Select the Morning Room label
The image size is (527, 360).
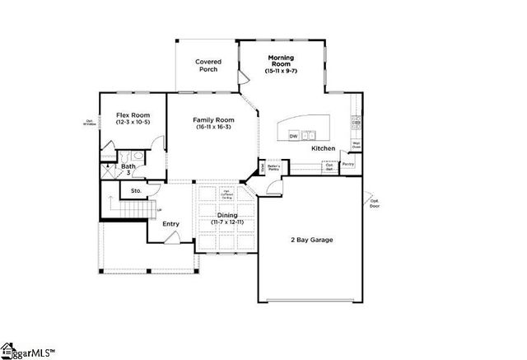point(280,59)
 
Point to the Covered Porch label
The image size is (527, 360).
point(207,66)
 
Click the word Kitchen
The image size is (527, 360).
point(323,148)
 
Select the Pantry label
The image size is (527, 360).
point(348,165)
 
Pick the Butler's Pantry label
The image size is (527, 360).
point(274,168)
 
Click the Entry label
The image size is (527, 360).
point(170,223)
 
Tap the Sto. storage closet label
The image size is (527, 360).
point(137,191)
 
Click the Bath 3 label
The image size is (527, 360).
point(129,169)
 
